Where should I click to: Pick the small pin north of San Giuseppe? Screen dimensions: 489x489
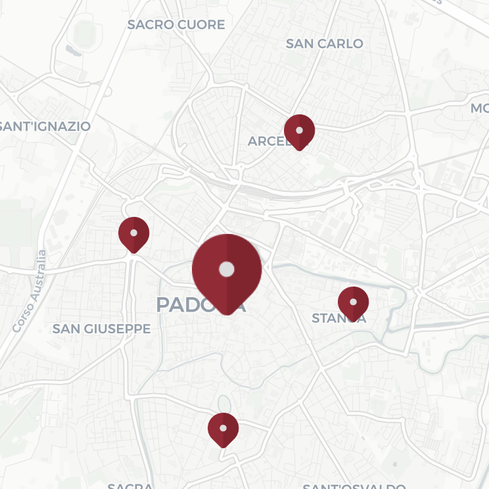133,233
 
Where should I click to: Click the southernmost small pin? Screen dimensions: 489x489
223,429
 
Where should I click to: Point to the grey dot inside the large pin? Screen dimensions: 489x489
227,269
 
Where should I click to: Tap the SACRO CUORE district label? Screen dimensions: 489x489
176,25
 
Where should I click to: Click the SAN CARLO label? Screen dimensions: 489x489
324,44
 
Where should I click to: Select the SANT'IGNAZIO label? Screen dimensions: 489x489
45,126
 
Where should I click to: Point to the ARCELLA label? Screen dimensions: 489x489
266,141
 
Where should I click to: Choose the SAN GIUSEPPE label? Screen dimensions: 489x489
101,329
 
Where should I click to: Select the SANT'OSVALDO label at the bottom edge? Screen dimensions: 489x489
354,486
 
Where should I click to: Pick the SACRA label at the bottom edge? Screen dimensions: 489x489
130,486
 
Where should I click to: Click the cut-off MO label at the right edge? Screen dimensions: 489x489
480,108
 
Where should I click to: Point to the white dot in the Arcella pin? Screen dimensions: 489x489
299,130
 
